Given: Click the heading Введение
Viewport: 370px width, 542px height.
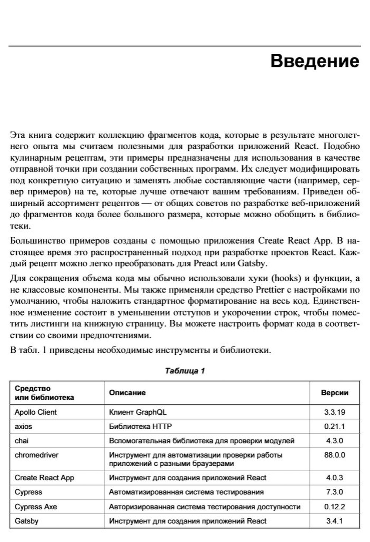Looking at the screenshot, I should tap(314, 61).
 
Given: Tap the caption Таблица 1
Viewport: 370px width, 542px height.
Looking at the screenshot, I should tap(185, 371).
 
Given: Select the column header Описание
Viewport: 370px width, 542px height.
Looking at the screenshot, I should tap(127, 392).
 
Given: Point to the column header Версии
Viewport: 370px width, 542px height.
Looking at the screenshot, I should tap(334, 392).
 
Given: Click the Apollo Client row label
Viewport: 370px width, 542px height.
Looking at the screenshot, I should tap(36, 412).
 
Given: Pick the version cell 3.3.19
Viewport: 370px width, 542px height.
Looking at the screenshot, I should tap(334, 412).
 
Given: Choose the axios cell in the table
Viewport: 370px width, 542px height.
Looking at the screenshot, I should tap(23, 426).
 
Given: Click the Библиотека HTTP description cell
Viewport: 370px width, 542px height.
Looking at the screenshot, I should tap(140, 426).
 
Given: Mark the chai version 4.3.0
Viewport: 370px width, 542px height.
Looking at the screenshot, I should tap(334, 441).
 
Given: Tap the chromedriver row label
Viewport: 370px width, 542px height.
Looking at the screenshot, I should tap(36, 455).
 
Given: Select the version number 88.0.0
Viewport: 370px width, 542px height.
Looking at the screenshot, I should tap(334, 455).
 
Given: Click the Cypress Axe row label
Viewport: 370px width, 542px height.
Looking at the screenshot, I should tap(36, 507).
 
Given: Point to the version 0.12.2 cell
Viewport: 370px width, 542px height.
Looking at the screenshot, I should tap(334, 507).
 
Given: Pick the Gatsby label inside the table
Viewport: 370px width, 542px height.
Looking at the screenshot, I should tap(26, 521).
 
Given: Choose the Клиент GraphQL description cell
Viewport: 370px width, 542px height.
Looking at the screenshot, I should tap(138, 412).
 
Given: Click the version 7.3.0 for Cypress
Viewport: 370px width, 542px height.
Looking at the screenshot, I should tap(334, 492).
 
